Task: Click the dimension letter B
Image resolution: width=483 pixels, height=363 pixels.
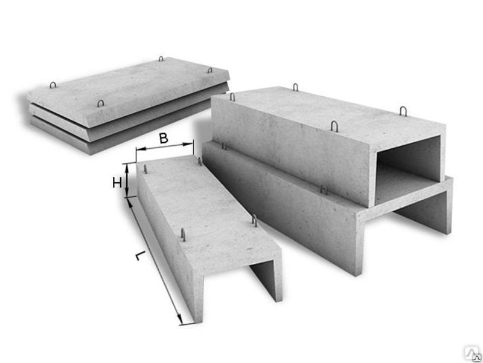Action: pos(163,138)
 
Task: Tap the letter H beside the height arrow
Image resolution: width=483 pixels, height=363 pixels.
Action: pos(117,183)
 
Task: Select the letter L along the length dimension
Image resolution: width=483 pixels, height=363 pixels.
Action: pos(140,256)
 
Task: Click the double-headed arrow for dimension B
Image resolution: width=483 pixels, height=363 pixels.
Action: pos(164,146)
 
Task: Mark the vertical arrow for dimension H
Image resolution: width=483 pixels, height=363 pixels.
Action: pos(127,180)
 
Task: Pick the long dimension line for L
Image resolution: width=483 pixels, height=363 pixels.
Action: pos(155,261)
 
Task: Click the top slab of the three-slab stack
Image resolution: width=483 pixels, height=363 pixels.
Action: pos(128,91)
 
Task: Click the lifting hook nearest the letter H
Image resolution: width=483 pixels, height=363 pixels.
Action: pos(145,169)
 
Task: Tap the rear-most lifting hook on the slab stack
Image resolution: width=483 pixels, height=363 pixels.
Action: pos(161,59)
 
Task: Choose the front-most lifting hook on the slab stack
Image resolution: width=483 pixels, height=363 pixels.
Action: pos(100,103)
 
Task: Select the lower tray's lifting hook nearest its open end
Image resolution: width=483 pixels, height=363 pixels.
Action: pos(324,189)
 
